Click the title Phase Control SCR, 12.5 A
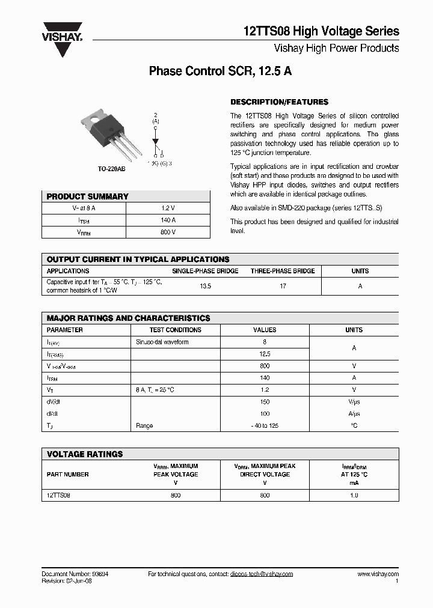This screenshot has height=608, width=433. pyautogui.click(x=220, y=71)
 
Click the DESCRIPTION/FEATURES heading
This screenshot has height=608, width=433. pyautogui.click(x=279, y=102)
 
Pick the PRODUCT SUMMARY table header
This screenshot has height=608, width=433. pyautogui.click(x=88, y=196)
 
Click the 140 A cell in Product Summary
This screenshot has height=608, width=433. pyautogui.click(x=168, y=220)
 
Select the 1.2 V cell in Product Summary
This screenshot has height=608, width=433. pyautogui.click(x=168, y=208)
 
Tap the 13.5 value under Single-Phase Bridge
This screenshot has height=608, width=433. pyautogui.click(x=205, y=287)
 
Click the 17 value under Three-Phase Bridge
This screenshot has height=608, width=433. pyautogui.click(x=283, y=287)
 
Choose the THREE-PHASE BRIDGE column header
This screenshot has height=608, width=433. pyautogui.click(x=283, y=271)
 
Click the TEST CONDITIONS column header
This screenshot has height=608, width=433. pyautogui.click(x=176, y=330)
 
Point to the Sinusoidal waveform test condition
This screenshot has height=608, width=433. pyautogui.click(x=162, y=342)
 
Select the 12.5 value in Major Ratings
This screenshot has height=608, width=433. pyautogui.click(x=265, y=354)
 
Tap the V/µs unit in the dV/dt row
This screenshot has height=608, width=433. pyautogui.click(x=354, y=402)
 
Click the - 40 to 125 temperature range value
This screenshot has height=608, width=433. pyautogui.click(x=265, y=425)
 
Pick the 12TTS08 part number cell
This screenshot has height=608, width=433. pyautogui.click(x=58, y=495)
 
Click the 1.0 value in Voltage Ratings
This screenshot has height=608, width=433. pyautogui.click(x=354, y=495)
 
